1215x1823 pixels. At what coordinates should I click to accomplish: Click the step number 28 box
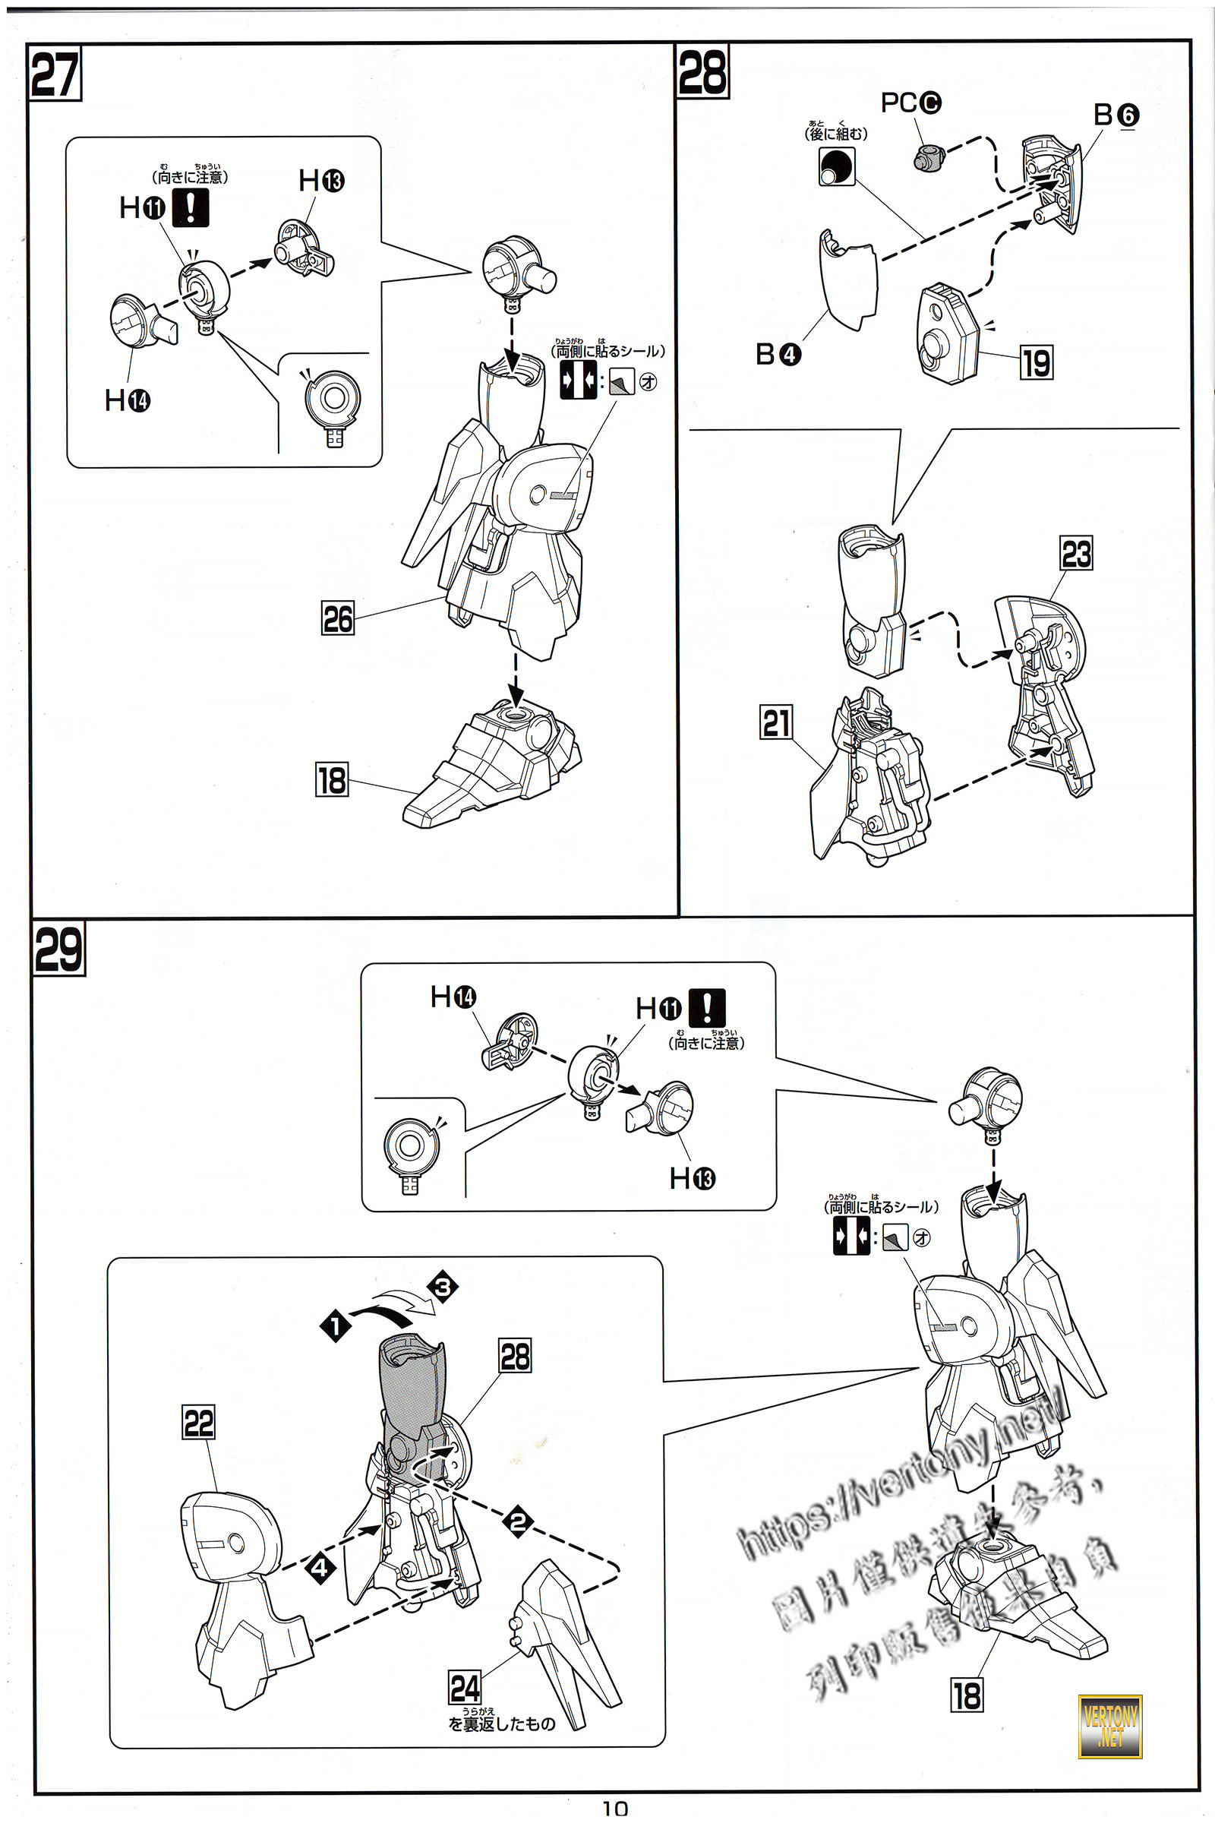pos(702,71)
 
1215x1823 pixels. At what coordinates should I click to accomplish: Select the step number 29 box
pos(58,949)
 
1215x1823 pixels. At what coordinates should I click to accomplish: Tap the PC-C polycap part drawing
pos(928,157)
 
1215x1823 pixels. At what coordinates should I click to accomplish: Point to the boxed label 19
pos(1036,362)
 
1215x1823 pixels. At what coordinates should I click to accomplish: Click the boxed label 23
pos(1076,554)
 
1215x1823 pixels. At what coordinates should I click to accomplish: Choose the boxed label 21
pos(776,722)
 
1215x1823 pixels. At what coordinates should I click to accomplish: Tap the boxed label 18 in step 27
pos(332,780)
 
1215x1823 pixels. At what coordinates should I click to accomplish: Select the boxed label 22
pos(198,1421)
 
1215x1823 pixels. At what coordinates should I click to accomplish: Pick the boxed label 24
pos(465,1687)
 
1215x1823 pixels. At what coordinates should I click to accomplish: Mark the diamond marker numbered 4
pos(320,1568)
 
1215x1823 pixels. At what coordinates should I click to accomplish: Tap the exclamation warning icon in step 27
pos(190,207)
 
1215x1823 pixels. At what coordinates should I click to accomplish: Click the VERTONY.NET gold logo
pos(1109,1725)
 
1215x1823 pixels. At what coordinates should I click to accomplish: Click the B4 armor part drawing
pos(847,280)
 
